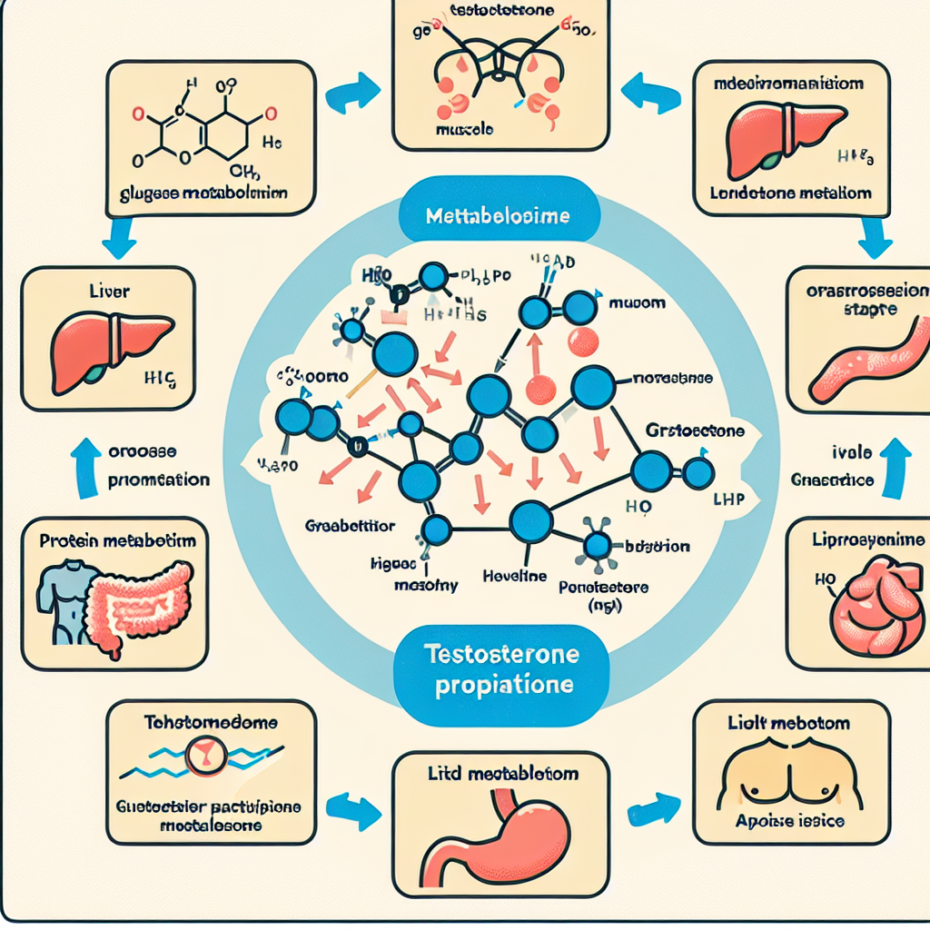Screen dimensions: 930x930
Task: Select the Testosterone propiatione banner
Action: pyautogui.click(x=497, y=668)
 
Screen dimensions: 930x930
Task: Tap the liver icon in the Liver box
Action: pyautogui.click(x=104, y=344)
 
